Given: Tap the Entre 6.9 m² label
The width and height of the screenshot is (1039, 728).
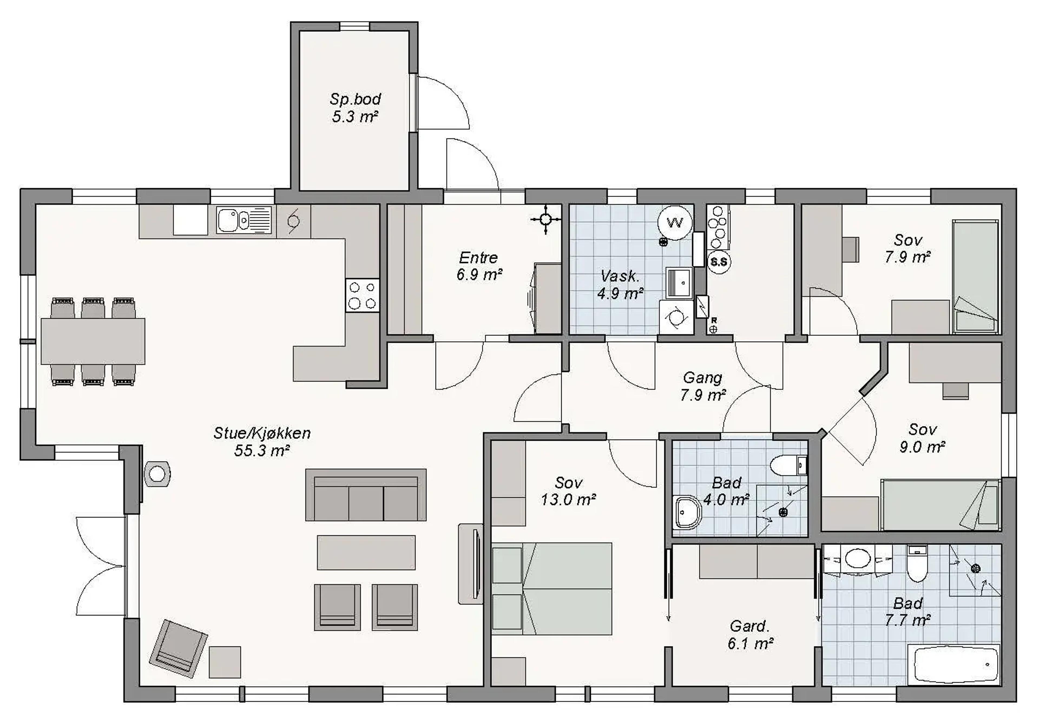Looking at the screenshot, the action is coord(480,266).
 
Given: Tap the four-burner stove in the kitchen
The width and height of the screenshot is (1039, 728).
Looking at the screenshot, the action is coord(363,295).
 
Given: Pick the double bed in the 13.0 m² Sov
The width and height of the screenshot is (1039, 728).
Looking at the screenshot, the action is coord(552,589).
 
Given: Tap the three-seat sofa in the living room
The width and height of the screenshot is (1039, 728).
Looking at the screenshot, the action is coord(366,495).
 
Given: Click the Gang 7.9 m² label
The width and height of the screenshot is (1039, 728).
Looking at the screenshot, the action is coord(703,386).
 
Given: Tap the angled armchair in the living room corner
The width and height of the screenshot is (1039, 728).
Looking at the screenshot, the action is coord(178,648).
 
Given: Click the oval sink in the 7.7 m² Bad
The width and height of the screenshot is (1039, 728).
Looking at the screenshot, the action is coord(857,558).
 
